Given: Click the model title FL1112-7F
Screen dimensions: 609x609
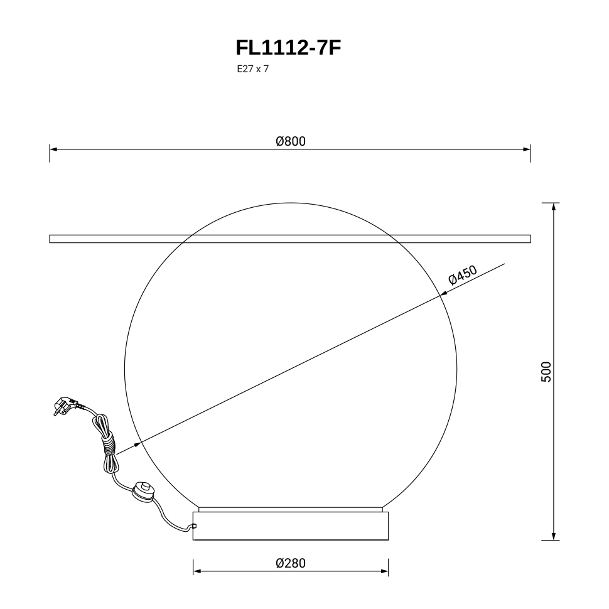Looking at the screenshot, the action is pyautogui.click(x=288, y=48).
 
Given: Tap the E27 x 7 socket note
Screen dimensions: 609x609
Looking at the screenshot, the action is pyautogui.click(x=253, y=69).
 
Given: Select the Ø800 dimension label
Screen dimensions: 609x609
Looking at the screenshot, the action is pyautogui.click(x=291, y=141).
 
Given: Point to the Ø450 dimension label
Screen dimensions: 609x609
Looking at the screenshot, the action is pyautogui.click(x=463, y=274).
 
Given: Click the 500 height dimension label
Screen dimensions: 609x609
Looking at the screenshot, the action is pyautogui.click(x=546, y=372).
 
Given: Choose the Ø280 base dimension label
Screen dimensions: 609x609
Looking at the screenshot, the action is pyautogui.click(x=291, y=563).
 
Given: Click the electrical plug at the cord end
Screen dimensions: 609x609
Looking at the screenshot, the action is pyautogui.click(x=65, y=406).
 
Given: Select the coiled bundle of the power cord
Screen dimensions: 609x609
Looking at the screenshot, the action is pyautogui.click(x=107, y=443).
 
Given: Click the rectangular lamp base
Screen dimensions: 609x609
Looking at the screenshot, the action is pyautogui.click(x=291, y=526).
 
